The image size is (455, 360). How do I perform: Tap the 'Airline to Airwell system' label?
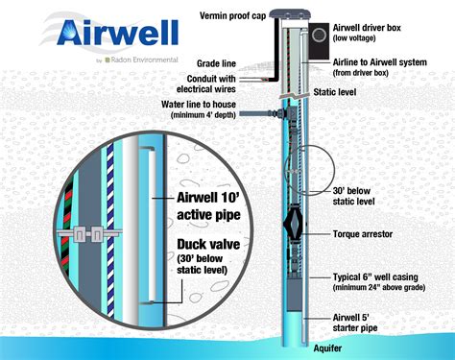click(372, 66)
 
